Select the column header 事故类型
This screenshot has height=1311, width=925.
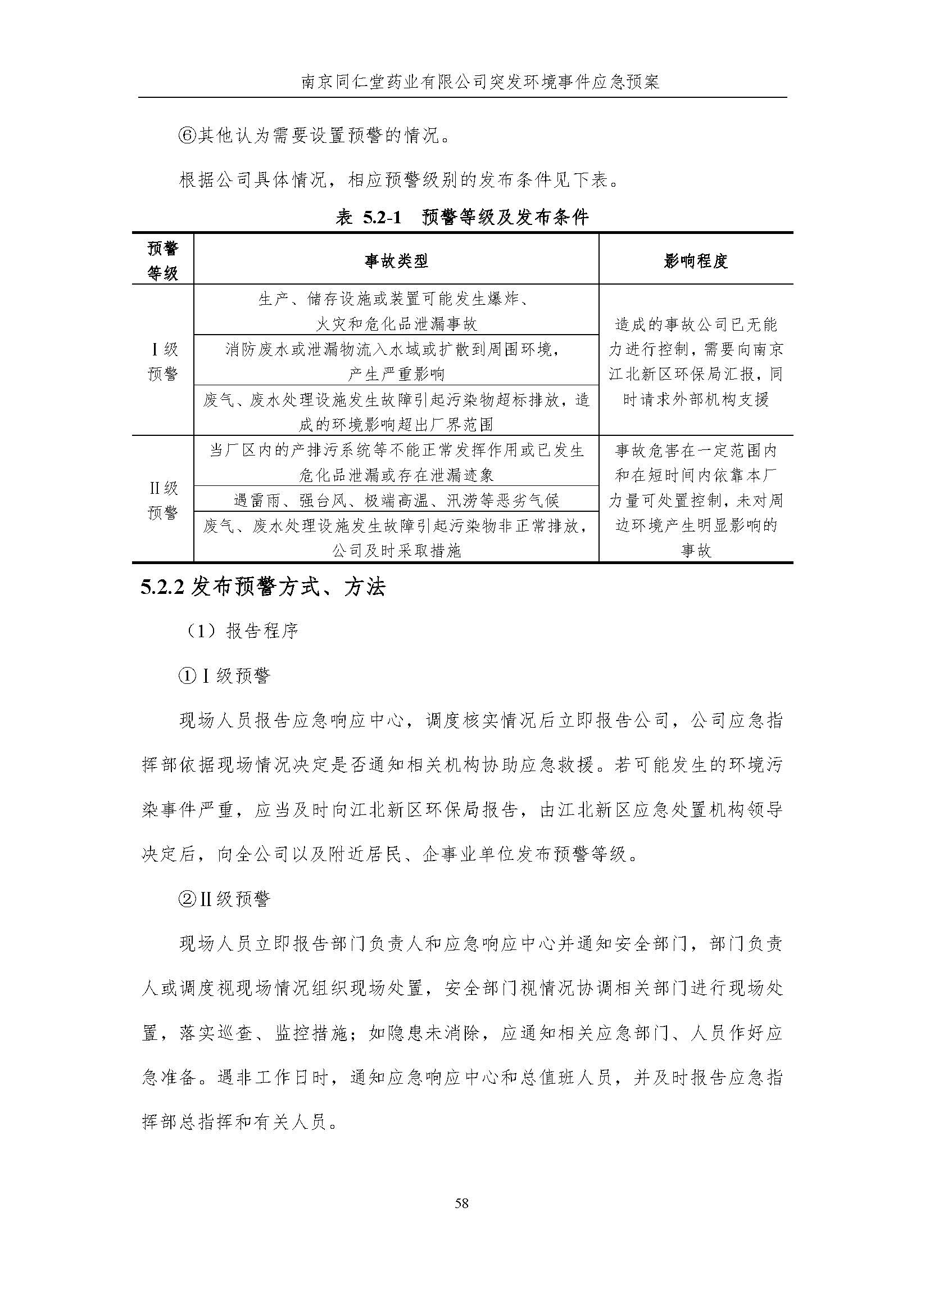pos(396,261)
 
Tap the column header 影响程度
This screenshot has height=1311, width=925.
pos(696,261)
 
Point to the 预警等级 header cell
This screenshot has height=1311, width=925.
pos(162,260)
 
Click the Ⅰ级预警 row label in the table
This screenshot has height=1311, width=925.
pos(162,362)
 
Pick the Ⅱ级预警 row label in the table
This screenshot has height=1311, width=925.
pos(162,500)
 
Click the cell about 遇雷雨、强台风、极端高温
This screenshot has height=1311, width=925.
pos(396,501)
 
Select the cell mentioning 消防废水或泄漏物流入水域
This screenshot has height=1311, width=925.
pos(396,362)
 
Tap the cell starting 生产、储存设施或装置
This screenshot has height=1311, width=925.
pos(396,311)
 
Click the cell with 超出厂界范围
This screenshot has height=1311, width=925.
pos(396,412)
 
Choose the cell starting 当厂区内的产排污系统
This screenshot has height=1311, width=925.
pos(396,462)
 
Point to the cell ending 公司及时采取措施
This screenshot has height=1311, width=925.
pos(396,538)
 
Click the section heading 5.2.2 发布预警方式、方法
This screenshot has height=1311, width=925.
pos(263,588)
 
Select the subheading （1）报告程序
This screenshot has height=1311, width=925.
pos(243,631)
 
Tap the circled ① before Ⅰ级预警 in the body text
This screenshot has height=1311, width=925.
pos(187,677)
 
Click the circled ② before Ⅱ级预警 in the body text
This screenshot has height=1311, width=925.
pos(187,900)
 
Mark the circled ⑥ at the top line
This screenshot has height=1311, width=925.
pos(187,136)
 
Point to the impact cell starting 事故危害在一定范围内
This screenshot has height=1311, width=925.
pos(696,500)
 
